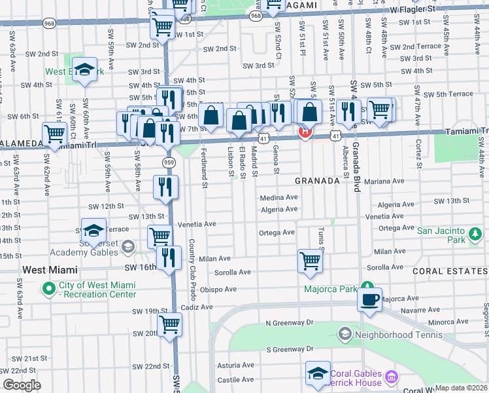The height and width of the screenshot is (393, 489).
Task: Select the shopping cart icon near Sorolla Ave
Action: [309, 260]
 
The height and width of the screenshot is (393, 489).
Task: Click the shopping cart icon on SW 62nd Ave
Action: [55, 134]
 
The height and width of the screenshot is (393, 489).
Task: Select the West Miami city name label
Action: [50, 269]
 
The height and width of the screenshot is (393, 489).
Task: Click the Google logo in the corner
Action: [21, 386]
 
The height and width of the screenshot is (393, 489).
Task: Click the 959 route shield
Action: [169, 161]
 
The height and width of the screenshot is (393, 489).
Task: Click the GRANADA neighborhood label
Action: [317, 180]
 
